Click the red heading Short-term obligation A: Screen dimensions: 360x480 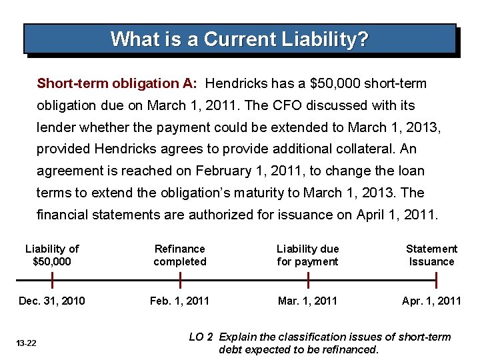point(117,84)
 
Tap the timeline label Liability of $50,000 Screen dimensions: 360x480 point(51,255)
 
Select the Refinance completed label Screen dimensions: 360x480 point(180,255)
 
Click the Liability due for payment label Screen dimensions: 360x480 point(307,255)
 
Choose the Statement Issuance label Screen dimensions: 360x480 point(431,255)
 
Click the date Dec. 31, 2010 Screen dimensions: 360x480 point(52,301)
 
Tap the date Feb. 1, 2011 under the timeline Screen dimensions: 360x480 point(179,301)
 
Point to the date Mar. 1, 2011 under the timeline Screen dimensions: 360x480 point(307,301)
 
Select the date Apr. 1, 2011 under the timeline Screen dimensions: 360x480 point(431,301)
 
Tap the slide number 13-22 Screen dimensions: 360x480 point(27,343)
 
